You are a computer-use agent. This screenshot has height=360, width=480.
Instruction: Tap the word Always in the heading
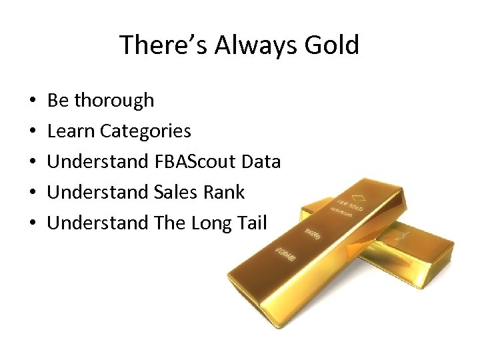tap(252, 45)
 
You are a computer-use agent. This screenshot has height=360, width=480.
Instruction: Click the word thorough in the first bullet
tap(114, 101)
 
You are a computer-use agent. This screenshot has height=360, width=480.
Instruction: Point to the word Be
tap(57, 101)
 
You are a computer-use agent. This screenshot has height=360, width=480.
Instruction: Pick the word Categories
tap(145, 131)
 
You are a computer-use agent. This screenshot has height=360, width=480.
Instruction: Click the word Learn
tap(71, 131)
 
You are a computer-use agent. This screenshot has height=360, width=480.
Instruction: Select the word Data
tap(261, 162)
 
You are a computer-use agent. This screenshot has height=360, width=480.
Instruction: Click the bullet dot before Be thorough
tap(33, 101)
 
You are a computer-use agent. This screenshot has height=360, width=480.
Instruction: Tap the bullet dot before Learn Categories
tap(33, 132)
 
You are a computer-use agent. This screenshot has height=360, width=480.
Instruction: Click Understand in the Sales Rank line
tap(98, 193)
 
